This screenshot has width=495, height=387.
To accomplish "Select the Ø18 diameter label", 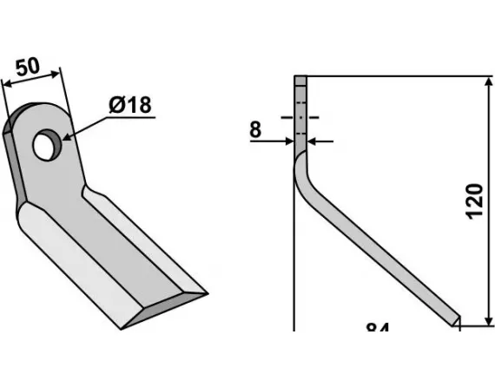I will [x=130, y=106].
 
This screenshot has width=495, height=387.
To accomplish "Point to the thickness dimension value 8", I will [x=255, y=130].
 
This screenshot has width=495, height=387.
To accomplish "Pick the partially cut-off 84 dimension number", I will [x=377, y=329].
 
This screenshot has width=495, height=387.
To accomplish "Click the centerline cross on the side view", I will [x=300, y=117].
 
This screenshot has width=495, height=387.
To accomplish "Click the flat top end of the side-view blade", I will [x=300, y=78].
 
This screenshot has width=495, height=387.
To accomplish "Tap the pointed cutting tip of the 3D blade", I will [x=207, y=292].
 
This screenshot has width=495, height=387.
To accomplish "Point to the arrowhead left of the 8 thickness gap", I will [x=290, y=141].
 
